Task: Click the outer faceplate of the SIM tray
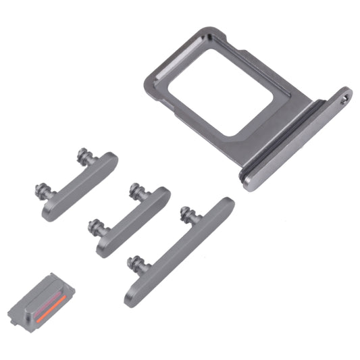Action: [298, 142]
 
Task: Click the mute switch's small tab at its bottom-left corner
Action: [14, 315]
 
